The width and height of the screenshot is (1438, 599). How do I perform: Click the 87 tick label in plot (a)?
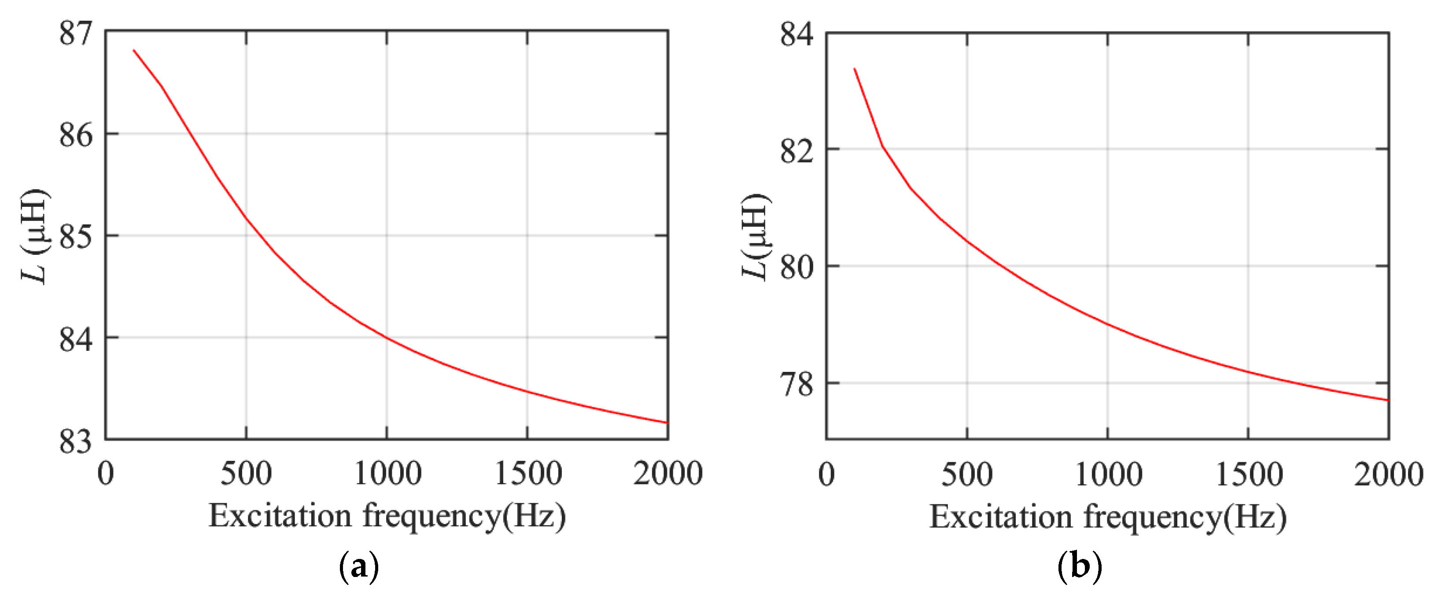[76, 33]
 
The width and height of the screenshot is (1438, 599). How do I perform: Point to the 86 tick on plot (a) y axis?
[76, 135]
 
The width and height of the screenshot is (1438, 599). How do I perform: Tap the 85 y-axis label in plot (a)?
[76, 237]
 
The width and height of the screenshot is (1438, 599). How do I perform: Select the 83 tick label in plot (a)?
[76, 441]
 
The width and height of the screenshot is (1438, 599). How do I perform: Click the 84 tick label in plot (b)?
[796, 35]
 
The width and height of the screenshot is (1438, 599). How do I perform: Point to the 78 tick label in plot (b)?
[796, 385]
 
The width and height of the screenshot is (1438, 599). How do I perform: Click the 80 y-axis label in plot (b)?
[796, 268]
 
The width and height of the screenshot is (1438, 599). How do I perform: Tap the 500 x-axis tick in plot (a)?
[246, 474]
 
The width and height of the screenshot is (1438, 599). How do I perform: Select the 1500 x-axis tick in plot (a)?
[527, 474]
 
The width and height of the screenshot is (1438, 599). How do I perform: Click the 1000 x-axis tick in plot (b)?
[1108, 475]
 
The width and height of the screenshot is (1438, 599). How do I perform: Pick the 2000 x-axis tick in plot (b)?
[1388, 475]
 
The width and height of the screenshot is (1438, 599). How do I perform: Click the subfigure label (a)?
[359, 567]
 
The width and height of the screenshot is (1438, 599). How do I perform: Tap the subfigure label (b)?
[1080, 567]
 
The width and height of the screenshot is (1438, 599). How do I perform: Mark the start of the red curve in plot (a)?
[134, 50]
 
